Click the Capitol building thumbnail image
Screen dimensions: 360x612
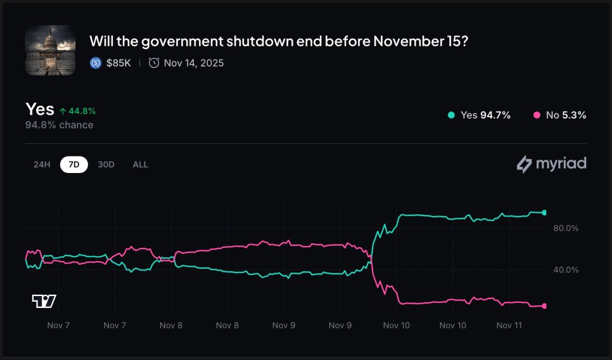pos(50,50)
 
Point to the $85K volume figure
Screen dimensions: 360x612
pos(118,63)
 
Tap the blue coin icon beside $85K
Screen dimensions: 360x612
pos(96,63)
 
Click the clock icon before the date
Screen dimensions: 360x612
pos(154,63)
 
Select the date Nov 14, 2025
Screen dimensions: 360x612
pos(193,63)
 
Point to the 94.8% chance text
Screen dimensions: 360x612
pos(59,125)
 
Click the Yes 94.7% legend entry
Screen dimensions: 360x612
pos(479,115)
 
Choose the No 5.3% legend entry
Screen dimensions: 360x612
pos(560,115)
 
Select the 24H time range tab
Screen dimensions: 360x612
pos(42,164)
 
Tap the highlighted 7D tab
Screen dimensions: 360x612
pos(74,164)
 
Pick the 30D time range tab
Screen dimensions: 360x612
pos(106,164)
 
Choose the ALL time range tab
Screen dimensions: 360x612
pos(140,164)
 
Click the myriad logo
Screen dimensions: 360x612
pos(552,164)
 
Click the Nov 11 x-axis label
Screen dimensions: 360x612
pos(509,325)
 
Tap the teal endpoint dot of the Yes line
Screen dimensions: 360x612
pos(544,212)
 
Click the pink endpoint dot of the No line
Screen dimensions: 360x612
pos(544,306)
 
